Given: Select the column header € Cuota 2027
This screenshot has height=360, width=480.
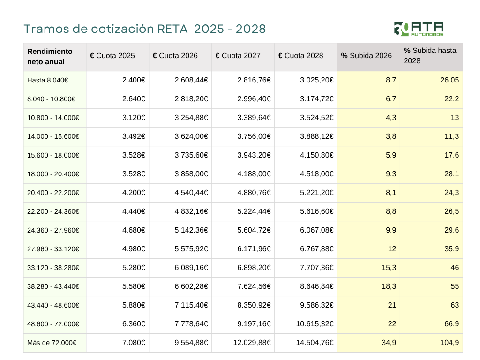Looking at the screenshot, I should (238, 56).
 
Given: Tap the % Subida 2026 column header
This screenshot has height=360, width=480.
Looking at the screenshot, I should (366, 56).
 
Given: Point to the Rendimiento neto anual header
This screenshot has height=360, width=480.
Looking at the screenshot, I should (50, 56).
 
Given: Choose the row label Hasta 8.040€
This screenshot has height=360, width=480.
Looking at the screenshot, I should (48, 80).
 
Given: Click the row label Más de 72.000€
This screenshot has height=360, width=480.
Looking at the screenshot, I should (52, 343).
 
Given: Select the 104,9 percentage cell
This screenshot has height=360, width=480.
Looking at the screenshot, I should (449, 343).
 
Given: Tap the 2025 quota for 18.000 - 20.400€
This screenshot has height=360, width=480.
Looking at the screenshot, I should (134, 174).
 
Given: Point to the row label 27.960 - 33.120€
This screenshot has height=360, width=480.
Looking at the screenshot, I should (53, 249).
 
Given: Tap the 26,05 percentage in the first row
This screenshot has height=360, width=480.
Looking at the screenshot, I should (449, 80).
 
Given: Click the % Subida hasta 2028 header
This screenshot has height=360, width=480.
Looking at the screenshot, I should (430, 56).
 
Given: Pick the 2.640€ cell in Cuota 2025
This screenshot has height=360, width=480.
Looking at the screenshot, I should (134, 99).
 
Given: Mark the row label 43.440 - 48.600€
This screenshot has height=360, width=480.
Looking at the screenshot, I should (53, 305).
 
